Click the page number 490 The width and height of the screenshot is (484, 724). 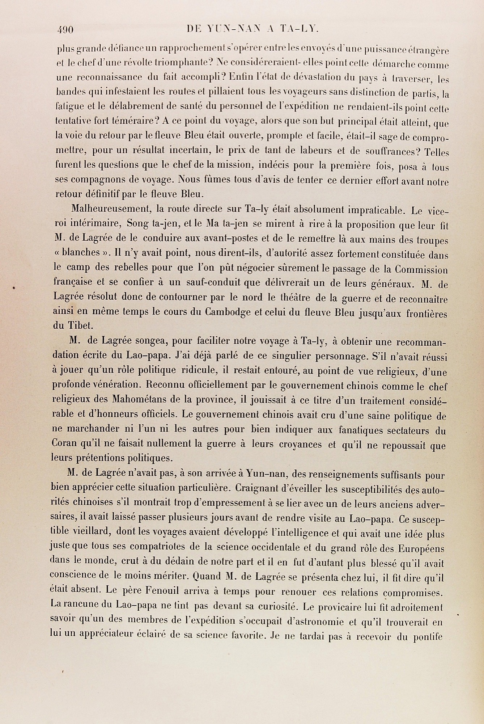(65, 29)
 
